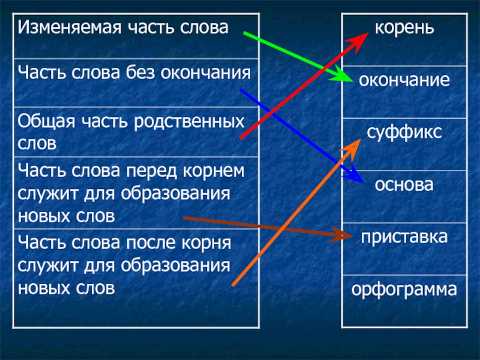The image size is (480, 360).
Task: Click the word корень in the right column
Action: tap(404, 28)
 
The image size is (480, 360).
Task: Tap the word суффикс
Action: tap(404, 131)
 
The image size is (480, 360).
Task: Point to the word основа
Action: tap(404, 183)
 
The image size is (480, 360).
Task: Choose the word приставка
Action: tap(404, 236)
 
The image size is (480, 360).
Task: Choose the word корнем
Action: tap(212, 170)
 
